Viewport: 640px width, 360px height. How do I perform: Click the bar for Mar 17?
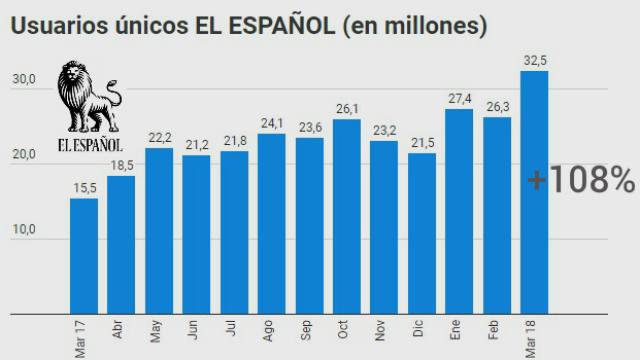point(84,256)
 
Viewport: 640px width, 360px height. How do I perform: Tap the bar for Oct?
point(346,216)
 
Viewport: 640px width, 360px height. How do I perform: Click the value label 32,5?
point(536,59)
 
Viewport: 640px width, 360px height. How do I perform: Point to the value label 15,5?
point(84,187)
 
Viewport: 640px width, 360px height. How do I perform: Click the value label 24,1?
point(272,123)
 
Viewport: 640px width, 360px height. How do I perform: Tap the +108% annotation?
point(581,181)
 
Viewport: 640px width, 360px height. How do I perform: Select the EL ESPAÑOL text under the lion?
point(89,144)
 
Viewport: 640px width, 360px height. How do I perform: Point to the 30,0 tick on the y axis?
point(24,79)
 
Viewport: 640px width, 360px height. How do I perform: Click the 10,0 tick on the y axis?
point(24,230)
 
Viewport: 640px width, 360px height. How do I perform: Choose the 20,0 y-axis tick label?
point(24,155)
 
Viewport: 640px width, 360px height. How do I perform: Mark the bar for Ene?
point(460,211)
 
